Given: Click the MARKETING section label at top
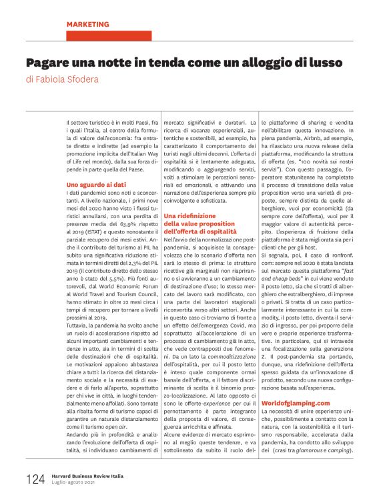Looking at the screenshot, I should point(89,24).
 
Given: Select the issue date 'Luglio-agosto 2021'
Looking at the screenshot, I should point(75,484).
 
